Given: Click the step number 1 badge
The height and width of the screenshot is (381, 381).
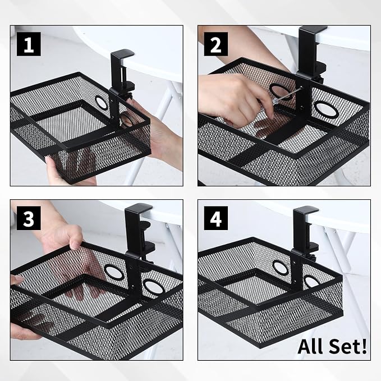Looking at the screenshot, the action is (29, 44).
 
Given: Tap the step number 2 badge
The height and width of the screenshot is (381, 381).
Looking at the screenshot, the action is (216, 44).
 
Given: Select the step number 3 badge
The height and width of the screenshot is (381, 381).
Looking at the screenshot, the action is (29, 218).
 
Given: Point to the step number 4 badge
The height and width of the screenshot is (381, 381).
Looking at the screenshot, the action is (216, 218).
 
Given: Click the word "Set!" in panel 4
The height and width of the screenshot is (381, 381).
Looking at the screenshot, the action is (346, 346).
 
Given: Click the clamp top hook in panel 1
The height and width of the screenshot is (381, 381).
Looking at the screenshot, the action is (122, 56).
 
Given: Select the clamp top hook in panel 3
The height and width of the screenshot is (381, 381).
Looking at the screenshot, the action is (139, 209).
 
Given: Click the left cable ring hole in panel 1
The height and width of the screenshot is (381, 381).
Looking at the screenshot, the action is (101, 102).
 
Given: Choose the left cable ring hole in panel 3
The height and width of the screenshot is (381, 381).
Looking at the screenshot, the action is (114, 272).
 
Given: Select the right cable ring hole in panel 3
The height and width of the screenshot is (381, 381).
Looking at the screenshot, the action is (153, 286).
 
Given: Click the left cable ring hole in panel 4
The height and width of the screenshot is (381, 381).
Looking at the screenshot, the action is (280, 268).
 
